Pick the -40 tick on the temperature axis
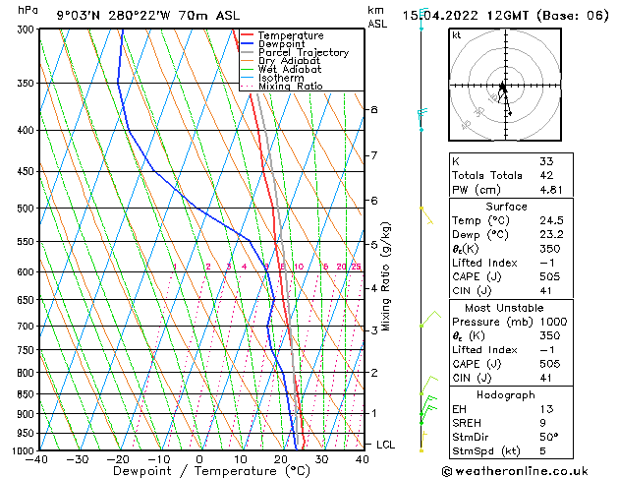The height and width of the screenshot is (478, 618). pyautogui.click(x=37, y=459)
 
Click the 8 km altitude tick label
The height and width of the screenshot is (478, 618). pyautogui.click(x=373, y=109)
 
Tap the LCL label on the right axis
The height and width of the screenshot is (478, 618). pyautogui.click(x=386, y=445)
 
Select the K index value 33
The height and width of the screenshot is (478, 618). pyautogui.click(x=546, y=160)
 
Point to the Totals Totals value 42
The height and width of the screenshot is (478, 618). pyautogui.click(x=546, y=175)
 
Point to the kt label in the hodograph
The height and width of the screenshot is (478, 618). pyautogui.click(x=457, y=34)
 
